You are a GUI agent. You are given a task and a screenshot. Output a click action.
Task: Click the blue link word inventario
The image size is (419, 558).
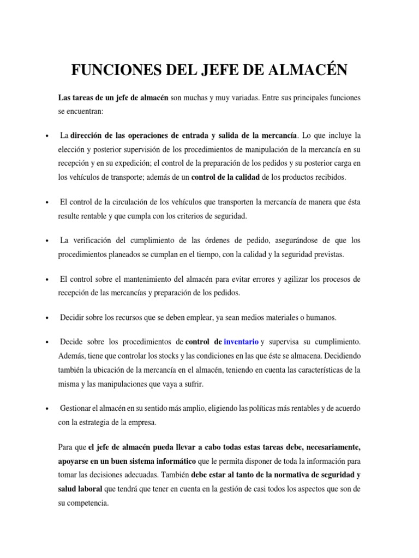point(241,342)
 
